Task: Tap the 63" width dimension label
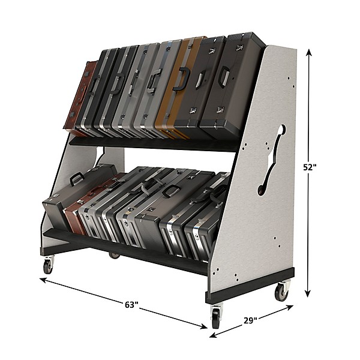click(x=131, y=305)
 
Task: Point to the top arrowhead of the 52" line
click(x=309, y=53)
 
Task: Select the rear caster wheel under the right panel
click(x=281, y=292)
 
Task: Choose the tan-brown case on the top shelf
click(x=175, y=87)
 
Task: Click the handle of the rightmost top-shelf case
click(x=224, y=76)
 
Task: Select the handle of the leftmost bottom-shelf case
click(x=77, y=178)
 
